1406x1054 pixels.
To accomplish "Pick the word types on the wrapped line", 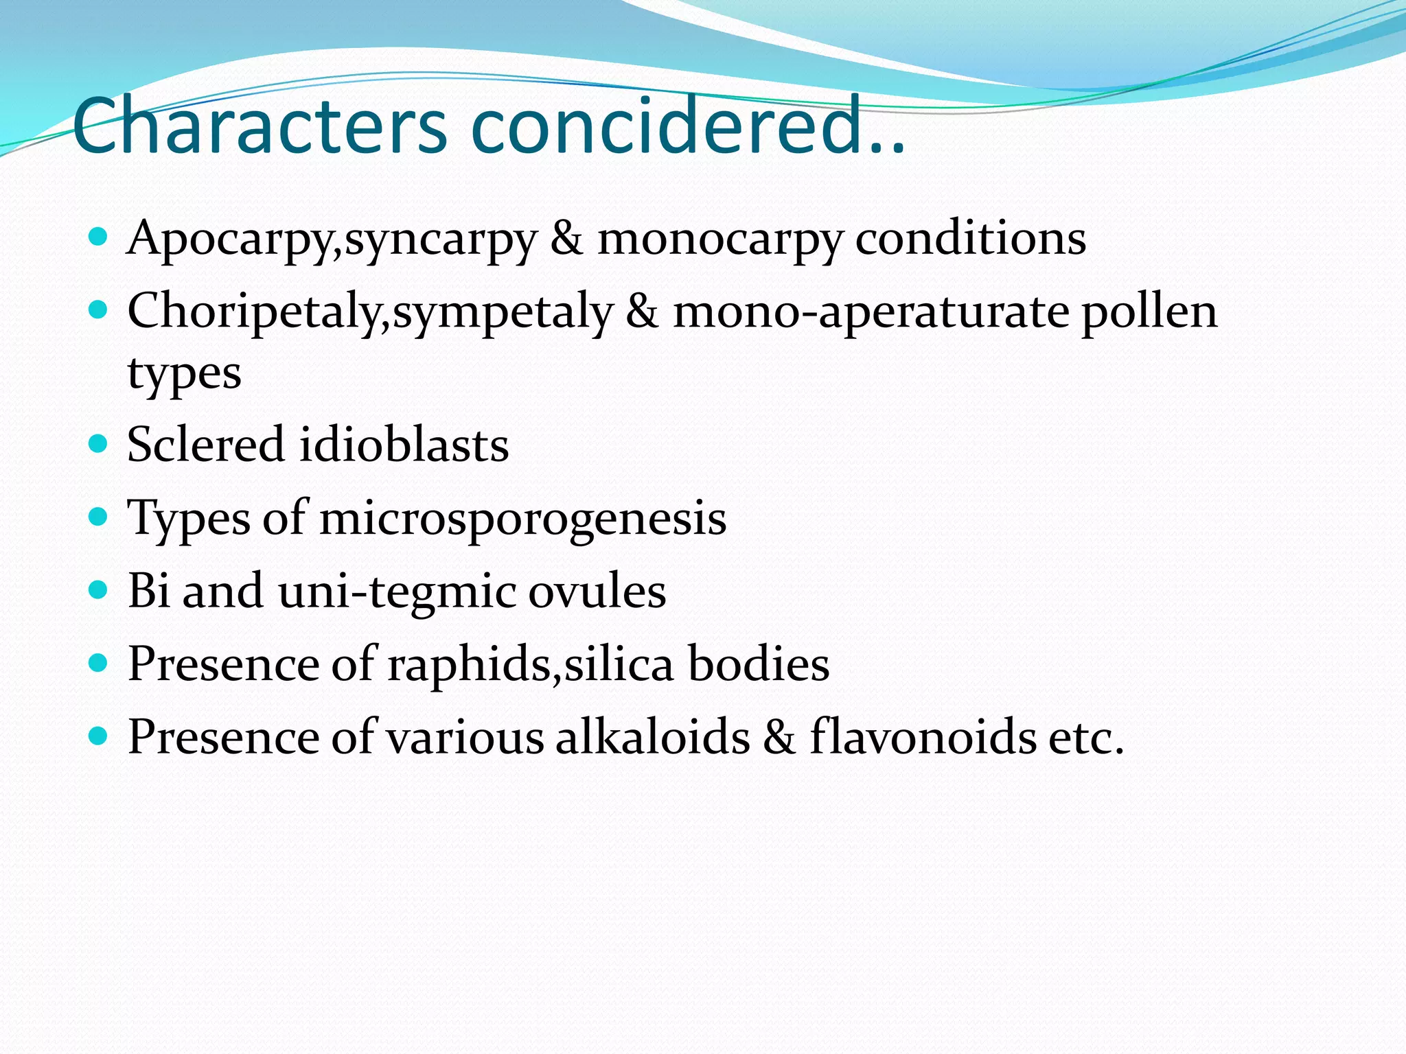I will tap(184, 375).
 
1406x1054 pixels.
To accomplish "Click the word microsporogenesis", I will tap(522, 519).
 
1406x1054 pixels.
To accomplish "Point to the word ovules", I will tap(597, 591).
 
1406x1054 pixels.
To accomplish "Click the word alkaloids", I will tap(653, 737).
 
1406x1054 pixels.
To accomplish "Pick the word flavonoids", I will tap(923, 737).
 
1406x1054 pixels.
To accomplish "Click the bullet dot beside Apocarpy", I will tap(99, 237).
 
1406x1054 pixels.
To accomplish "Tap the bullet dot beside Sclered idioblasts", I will tap(99, 443).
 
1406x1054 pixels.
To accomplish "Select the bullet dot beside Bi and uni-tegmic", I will tap(99, 589).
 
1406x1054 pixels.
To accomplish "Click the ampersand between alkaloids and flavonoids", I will tap(779, 738).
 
